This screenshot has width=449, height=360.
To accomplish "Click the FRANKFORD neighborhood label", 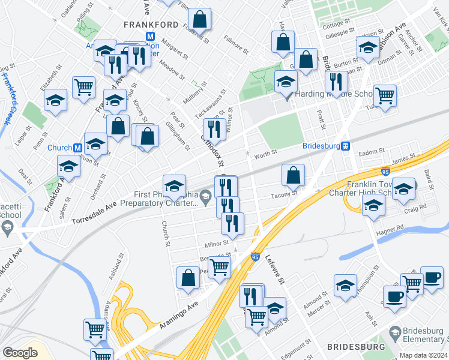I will [151, 25].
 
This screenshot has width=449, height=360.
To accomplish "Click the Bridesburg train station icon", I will [346, 146].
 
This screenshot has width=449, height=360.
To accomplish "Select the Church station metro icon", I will [77, 148].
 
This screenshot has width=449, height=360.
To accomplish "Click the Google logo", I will [20, 353].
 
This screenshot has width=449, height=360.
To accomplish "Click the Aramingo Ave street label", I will [179, 314].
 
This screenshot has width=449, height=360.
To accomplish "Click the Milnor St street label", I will [217, 244].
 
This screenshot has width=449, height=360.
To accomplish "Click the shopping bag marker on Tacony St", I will [293, 175].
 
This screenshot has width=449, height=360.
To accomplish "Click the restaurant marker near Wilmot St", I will [214, 128].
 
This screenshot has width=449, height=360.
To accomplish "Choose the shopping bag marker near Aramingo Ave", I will [188, 278].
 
